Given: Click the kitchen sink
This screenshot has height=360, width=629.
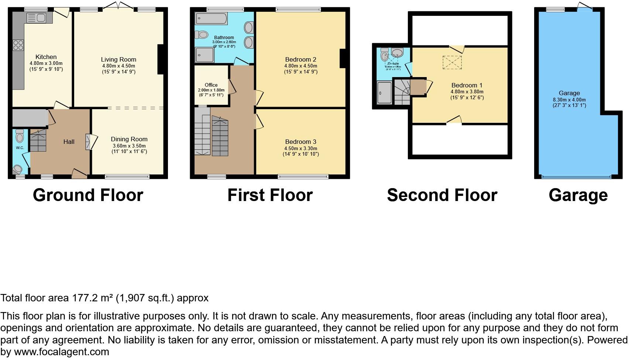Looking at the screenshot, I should [x=36, y=18].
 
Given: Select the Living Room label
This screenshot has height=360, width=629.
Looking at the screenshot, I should [x=118, y=59].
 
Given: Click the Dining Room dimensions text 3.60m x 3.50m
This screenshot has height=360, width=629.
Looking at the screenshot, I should [x=129, y=146].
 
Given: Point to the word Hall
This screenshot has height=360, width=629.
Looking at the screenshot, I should [x=69, y=142].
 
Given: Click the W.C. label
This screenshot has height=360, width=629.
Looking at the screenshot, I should [x=20, y=148].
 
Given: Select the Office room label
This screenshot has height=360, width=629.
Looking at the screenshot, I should [x=211, y=85].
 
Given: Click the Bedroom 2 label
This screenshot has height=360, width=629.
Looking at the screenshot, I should [x=300, y=59].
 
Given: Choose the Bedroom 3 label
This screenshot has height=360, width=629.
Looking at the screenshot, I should [x=300, y=142].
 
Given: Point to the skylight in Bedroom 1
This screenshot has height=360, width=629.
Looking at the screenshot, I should [x=452, y=62].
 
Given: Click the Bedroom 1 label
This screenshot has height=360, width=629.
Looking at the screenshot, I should [x=467, y=85].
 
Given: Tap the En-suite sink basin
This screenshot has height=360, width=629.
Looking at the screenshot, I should [x=398, y=53].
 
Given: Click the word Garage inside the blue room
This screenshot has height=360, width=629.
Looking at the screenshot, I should [x=569, y=93].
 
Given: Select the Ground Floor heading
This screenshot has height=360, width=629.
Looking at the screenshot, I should [x=88, y=195].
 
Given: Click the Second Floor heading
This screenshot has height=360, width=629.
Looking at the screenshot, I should [x=442, y=195].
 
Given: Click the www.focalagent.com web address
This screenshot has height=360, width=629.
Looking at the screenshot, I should [x=62, y=352].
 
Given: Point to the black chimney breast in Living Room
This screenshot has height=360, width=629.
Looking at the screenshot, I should [x=161, y=59].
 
